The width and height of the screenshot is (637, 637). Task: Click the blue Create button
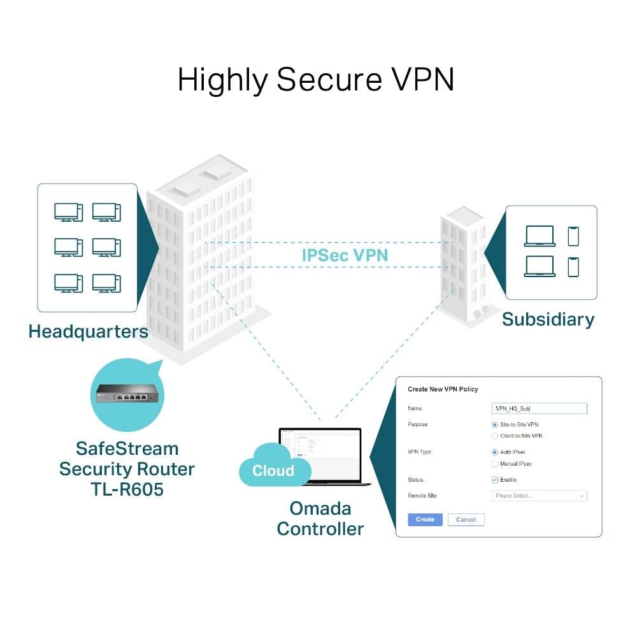[425, 519]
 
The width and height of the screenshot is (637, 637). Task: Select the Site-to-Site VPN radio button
[495, 424]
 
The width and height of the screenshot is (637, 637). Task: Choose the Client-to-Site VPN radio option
[495, 436]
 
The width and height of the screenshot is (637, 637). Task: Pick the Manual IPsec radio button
[495, 464]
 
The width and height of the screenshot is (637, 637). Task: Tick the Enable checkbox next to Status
[495, 480]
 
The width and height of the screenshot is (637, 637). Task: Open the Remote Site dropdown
[540, 496]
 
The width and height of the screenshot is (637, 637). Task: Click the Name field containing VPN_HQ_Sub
[540, 408]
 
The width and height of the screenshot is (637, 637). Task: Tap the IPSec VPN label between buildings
[345, 255]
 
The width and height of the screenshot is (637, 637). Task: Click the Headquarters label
[88, 331]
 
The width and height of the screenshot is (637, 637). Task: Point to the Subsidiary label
[548, 319]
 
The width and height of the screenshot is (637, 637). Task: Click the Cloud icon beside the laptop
[273, 470]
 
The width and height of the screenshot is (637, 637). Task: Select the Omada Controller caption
[320, 519]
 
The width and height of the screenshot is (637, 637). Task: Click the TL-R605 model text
[127, 490]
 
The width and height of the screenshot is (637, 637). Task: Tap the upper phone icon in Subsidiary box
[573, 236]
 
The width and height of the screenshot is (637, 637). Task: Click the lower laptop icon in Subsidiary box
[540, 266]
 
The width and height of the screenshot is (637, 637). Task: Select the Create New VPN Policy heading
[443, 389]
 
